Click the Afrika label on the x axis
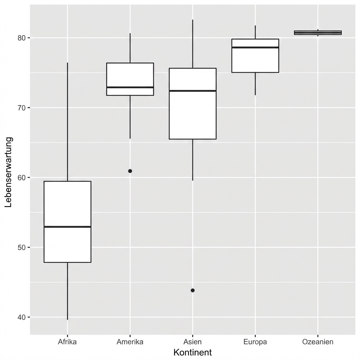[x=67, y=342]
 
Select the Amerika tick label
[x=130, y=342]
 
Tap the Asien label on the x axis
[x=192, y=342]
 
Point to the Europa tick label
[x=255, y=342]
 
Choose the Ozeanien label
[x=317, y=342]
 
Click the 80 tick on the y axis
[x=22, y=38]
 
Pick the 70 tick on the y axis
[x=22, y=108]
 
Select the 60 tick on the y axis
[x=22, y=178]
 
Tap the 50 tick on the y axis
[x=22, y=247]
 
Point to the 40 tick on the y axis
[x=22, y=317]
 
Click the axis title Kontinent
[x=192, y=352]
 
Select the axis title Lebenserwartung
[x=8, y=172]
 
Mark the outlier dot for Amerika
[x=130, y=171]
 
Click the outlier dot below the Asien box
[x=193, y=290]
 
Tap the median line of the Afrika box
[x=67, y=227]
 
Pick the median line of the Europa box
[x=255, y=47]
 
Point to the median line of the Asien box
[x=193, y=91]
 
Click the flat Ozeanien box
[x=318, y=33]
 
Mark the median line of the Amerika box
[x=130, y=87]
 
